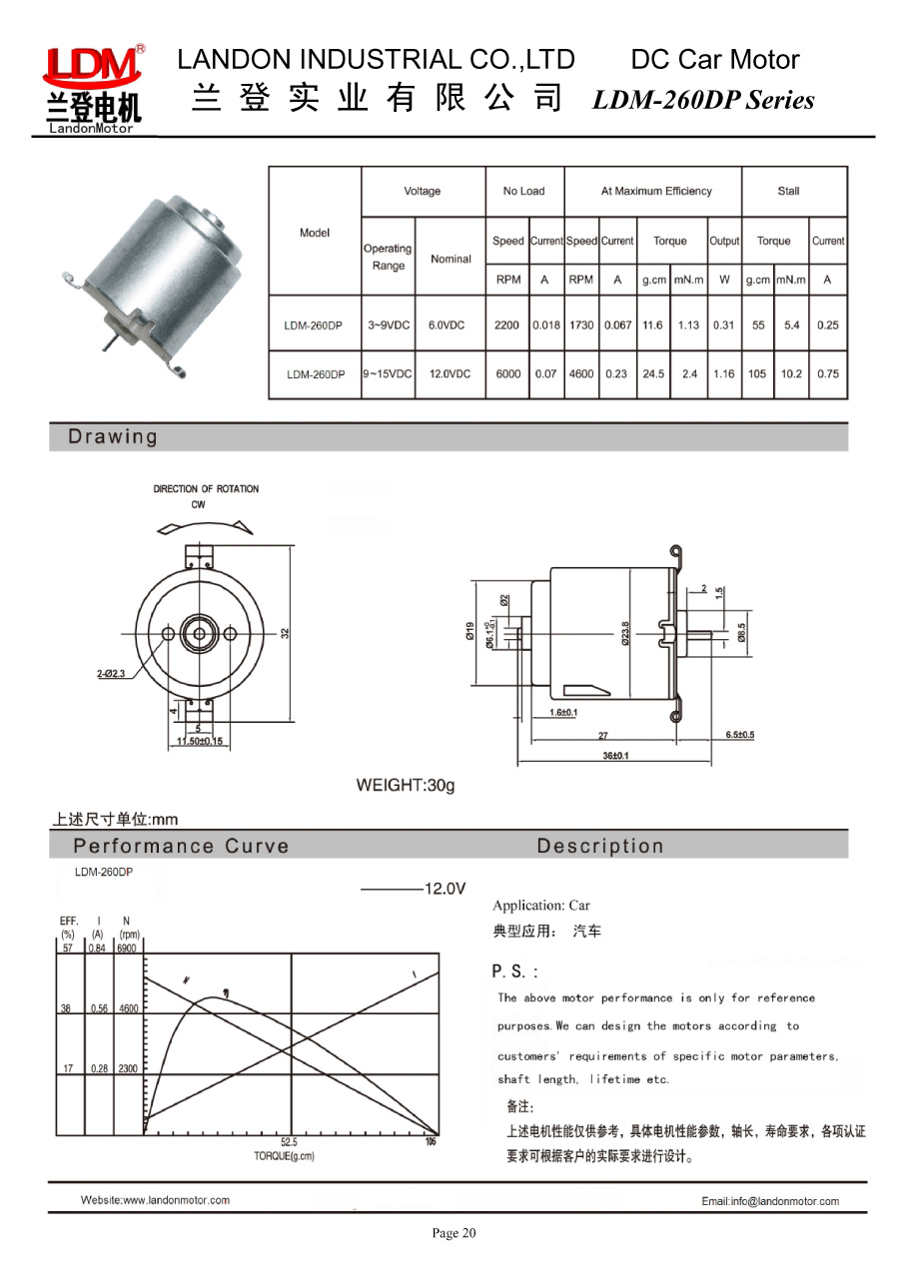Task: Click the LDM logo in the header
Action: click(92, 88)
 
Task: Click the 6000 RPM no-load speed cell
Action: click(507, 374)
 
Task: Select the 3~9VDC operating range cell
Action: click(388, 325)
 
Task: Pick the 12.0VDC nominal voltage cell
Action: click(450, 374)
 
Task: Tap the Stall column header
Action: click(788, 191)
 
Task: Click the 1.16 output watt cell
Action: click(723, 374)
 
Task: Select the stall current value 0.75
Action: click(827, 374)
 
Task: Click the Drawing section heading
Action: click(113, 436)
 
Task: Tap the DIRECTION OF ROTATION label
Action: click(206, 489)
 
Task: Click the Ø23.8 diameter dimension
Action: click(626, 635)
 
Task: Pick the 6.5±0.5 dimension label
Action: click(739, 735)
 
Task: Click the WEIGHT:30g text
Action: click(406, 785)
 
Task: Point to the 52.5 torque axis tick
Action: click(290, 1142)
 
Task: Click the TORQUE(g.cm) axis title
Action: click(285, 1155)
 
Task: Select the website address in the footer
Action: click(155, 1200)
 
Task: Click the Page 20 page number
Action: click(454, 1234)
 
